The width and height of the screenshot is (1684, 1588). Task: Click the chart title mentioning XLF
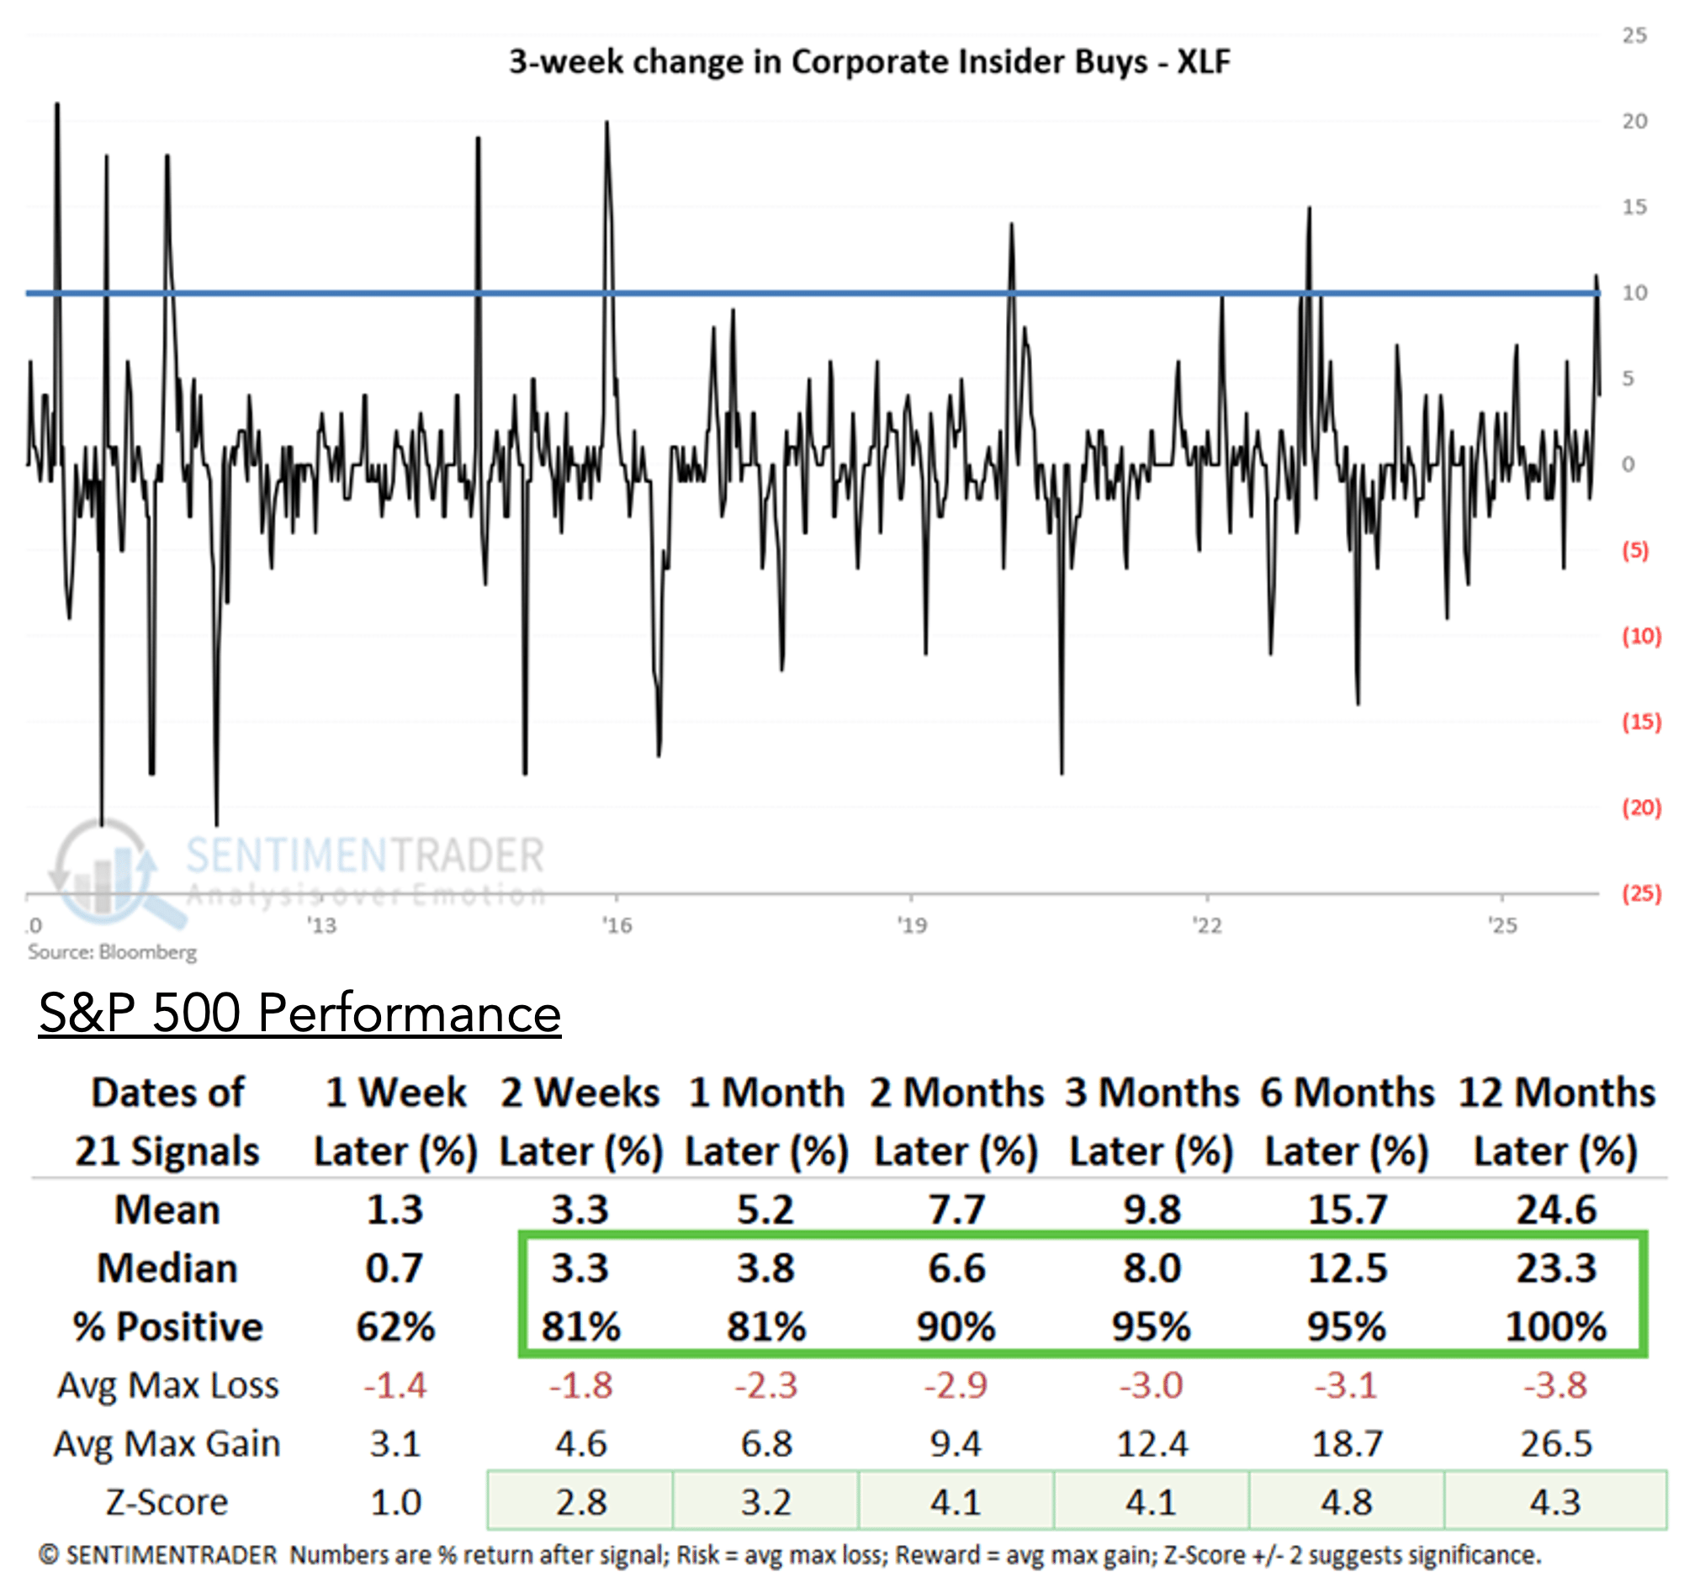[x=868, y=62]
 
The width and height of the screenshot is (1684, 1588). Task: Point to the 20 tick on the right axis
[x=1634, y=121]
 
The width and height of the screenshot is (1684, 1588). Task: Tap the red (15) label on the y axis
[x=1641, y=722]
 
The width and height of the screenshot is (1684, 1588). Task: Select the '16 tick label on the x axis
[x=617, y=925]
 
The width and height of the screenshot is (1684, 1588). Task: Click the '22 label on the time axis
[x=1206, y=925]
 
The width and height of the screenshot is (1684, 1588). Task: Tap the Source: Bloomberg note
[x=112, y=952]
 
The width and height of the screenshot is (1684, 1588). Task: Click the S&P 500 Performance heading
[x=299, y=1012]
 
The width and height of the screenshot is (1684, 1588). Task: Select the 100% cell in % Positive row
[x=1555, y=1326]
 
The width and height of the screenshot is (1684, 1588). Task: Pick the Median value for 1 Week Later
[x=395, y=1268]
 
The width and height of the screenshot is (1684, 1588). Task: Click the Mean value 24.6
[x=1555, y=1209]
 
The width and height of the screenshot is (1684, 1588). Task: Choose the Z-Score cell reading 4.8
[x=1347, y=1501]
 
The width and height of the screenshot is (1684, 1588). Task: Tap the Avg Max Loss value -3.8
[x=1555, y=1384]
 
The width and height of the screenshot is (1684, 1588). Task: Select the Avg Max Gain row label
[x=167, y=1443]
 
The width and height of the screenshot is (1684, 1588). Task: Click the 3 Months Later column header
[x=1152, y=1120]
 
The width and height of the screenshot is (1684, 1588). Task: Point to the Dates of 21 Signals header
[x=167, y=1120]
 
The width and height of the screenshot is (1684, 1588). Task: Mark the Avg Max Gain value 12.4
[x=1152, y=1443]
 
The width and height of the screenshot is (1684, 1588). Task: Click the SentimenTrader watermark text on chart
[x=364, y=855]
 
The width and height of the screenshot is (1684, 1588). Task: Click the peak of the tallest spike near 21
[x=57, y=104]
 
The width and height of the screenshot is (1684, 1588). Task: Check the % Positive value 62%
[x=395, y=1326]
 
